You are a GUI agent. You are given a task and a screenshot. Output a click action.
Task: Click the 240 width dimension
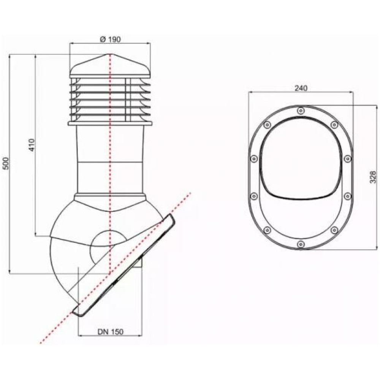click(300, 88)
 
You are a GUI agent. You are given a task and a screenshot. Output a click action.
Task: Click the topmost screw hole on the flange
click(301, 111)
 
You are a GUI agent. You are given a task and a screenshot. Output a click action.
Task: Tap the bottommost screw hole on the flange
click(301, 244)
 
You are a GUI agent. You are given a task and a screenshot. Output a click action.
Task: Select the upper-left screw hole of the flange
click(267, 124)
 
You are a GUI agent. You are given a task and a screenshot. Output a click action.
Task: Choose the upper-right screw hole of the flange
click(334, 124)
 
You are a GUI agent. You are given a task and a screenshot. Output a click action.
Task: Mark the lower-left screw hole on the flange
click(267, 230)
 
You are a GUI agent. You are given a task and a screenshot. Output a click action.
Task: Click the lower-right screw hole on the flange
click(334, 230)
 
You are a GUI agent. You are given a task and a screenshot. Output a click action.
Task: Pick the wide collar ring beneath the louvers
click(110, 123)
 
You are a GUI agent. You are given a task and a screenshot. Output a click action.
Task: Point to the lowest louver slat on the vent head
click(110, 114)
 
